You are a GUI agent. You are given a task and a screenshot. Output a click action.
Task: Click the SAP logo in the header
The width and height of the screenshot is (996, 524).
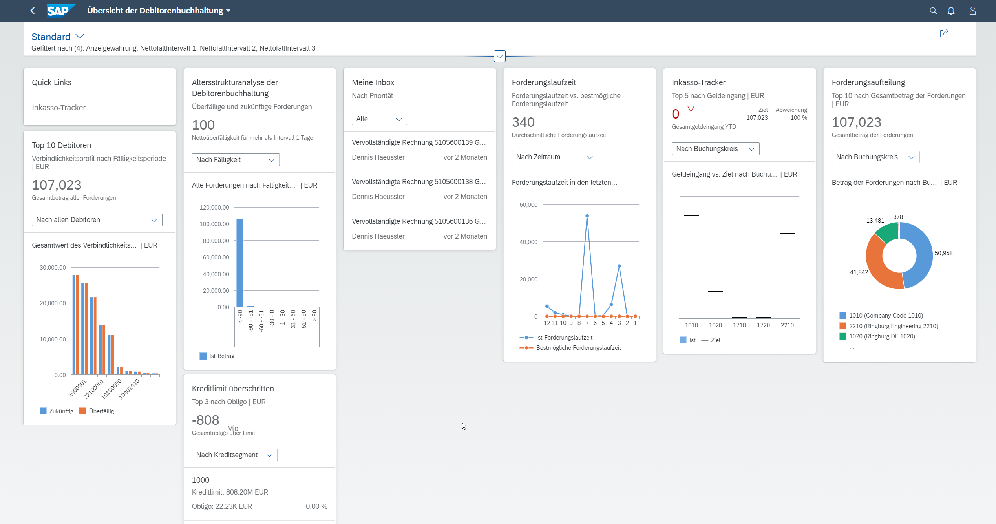click(x=60, y=11)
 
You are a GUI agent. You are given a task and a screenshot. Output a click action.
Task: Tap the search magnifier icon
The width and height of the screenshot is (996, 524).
click(x=933, y=11)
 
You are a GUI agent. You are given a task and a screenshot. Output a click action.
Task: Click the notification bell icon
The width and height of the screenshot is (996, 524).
click(x=951, y=11)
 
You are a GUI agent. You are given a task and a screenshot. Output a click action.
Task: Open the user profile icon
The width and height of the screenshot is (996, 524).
click(x=972, y=11)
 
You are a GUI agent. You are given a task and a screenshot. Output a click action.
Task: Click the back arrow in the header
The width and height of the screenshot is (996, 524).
click(x=33, y=11)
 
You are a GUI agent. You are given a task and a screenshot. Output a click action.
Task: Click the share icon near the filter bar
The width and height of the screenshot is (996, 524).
click(x=944, y=33)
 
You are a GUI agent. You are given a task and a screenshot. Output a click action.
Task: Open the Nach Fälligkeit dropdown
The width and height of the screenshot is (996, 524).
click(x=236, y=160)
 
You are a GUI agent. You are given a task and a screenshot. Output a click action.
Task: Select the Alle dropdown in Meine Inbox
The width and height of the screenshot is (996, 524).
click(x=379, y=119)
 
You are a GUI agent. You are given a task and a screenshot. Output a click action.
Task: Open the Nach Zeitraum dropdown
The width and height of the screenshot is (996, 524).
click(x=555, y=157)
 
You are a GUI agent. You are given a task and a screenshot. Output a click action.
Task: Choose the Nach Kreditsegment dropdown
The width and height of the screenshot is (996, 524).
click(x=235, y=455)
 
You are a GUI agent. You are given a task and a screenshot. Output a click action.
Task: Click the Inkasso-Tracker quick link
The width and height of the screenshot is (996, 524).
click(x=59, y=108)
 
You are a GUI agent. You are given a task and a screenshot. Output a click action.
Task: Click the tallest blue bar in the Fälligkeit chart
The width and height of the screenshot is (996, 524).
click(x=239, y=263)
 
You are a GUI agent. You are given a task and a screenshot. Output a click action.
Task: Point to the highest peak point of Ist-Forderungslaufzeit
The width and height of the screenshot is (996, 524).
click(x=587, y=216)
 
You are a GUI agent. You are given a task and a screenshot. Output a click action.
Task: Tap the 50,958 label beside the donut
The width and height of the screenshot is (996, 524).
click(x=943, y=253)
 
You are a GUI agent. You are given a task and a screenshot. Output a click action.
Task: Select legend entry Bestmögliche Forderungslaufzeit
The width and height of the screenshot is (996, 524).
click(x=570, y=348)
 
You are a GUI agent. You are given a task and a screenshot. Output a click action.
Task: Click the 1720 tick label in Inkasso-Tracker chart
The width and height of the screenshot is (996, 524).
click(x=763, y=325)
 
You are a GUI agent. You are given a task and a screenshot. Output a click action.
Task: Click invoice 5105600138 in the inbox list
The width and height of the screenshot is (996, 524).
click(x=419, y=182)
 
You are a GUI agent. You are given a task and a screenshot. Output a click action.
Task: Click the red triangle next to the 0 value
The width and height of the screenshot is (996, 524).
click(x=691, y=109)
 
